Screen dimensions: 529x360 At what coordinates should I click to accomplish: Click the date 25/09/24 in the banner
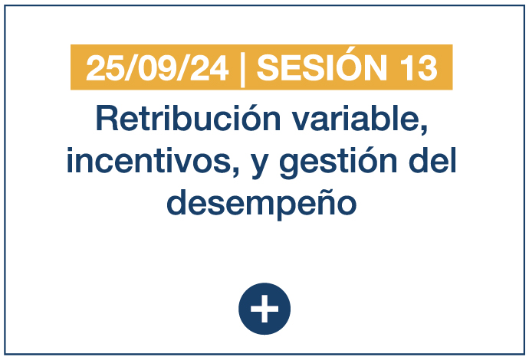point(158,68)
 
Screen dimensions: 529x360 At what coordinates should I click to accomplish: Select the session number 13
point(420,68)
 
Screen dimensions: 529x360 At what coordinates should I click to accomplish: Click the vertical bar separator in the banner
point(242,68)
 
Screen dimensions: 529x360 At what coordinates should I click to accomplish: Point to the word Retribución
point(189,118)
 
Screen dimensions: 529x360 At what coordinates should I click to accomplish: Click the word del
point(432,160)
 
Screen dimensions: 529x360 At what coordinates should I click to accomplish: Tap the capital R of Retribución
point(107,118)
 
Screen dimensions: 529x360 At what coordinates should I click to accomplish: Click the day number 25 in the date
point(104,68)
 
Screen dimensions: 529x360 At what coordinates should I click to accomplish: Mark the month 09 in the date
point(157,68)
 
